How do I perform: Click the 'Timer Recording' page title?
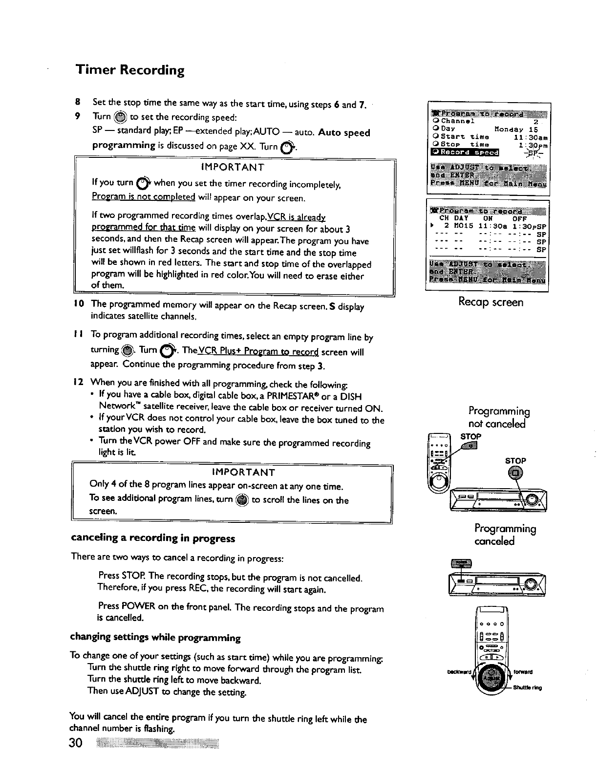pos(130,70)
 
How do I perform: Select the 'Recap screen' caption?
pos(491,302)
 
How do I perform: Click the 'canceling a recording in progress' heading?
pos(153,538)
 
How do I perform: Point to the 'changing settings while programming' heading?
pos(155,638)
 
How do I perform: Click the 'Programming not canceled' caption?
pos(499,416)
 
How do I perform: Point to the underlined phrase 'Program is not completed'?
pos(144,197)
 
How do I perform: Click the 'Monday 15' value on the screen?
pos(516,129)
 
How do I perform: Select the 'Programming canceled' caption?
pos(505,535)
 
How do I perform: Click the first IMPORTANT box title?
pos(233,167)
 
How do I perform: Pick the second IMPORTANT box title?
pos(243,472)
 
